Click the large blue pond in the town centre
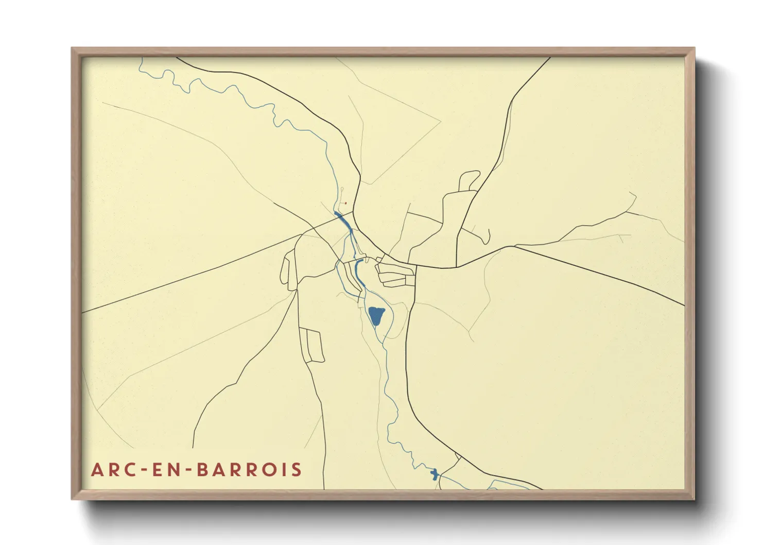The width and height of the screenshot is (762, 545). [376, 315]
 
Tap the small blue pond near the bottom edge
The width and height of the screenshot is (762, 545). [434, 474]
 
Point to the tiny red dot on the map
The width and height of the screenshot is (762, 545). [345, 203]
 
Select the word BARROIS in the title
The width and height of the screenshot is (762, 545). [250, 470]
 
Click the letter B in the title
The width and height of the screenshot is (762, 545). [204, 470]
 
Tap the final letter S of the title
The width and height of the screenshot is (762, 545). [296, 470]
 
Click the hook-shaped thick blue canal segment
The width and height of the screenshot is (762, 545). [357, 267]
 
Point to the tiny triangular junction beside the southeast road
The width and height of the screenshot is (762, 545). [458, 457]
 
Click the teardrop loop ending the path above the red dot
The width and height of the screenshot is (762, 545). [342, 190]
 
